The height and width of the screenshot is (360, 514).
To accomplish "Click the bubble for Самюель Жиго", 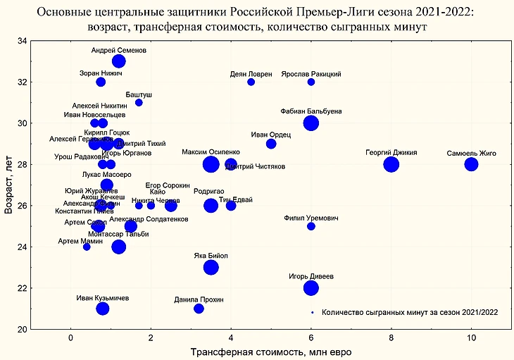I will coord(471,164).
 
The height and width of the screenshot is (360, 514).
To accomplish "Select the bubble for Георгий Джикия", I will coord(391,164).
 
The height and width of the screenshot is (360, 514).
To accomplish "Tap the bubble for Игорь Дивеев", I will coord(311,287).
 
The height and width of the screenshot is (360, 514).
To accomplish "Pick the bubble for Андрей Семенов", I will coord(118,61).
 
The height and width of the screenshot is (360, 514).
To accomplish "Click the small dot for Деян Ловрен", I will coord(251,82).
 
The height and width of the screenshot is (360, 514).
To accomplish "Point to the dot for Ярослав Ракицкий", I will coord(311,82).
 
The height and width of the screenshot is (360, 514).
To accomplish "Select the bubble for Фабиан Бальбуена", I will coord(311,123).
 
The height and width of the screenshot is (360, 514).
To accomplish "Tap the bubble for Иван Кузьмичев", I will coord(103,309).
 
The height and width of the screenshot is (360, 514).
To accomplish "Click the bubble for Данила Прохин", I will coord(199,309).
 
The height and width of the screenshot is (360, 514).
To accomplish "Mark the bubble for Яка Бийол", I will coord(211,267).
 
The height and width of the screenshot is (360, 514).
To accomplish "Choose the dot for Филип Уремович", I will coord(311,226).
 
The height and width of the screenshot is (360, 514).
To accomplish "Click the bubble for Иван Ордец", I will coord(271,144).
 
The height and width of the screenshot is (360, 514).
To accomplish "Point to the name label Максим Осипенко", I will coord(211,152).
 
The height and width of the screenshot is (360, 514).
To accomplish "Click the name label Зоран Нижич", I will coord(101,73).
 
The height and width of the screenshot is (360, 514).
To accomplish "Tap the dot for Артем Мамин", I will coord(87,247).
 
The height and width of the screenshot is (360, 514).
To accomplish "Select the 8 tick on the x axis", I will coord(391,337).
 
